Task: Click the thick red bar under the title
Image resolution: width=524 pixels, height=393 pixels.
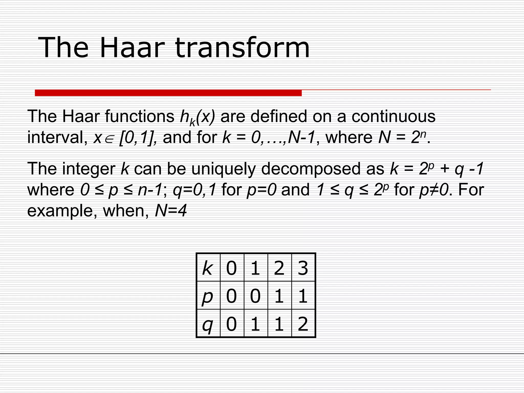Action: tap(168, 93)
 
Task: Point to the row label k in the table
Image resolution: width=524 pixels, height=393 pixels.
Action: tap(208, 268)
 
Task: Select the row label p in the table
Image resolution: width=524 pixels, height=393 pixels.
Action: tap(208, 297)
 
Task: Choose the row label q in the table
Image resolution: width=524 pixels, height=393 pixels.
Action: tap(208, 324)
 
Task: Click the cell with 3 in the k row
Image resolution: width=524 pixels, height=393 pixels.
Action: tap(303, 268)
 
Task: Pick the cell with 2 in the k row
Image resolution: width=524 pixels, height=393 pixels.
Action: tap(279, 268)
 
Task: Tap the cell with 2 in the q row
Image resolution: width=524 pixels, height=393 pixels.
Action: tap(303, 324)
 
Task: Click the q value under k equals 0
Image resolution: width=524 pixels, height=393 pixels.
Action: tap(232, 324)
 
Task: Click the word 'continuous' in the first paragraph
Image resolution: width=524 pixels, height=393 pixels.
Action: tap(394, 116)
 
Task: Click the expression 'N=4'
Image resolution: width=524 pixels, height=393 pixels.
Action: tap(171, 211)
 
